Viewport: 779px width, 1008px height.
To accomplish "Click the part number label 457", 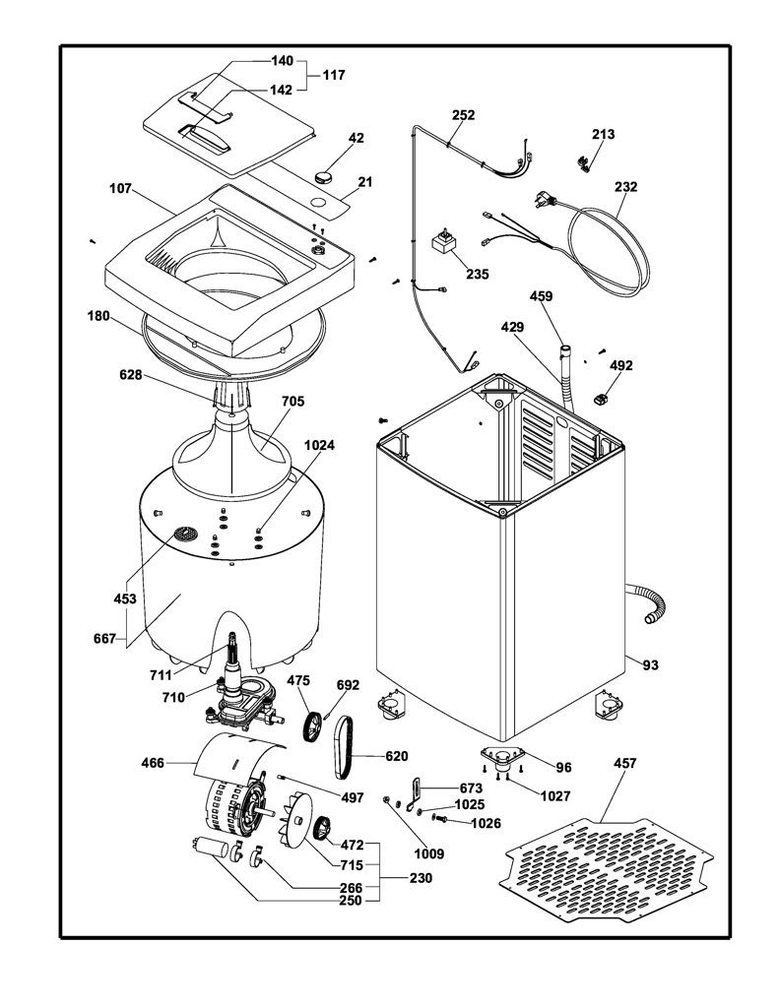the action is (624, 763).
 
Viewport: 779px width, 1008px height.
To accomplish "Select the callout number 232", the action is (625, 186).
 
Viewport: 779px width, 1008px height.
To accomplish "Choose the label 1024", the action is (319, 445).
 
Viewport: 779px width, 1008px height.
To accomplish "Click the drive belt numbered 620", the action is (344, 748).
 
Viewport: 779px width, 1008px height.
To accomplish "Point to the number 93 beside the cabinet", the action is (650, 664).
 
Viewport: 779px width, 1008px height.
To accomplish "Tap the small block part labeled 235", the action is (443, 243).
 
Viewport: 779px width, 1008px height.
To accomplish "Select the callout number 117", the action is (334, 75).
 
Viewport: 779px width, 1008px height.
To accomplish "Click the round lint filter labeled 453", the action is (184, 534).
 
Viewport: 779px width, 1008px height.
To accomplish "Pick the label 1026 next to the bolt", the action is (486, 823).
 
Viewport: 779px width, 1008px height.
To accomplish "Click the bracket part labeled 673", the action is (415, 791).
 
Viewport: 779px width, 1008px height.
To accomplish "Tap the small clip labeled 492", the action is (601, 400).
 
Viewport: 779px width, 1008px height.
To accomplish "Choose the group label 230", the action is (421, 877).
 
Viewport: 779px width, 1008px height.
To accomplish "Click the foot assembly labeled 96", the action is (501, 756).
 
